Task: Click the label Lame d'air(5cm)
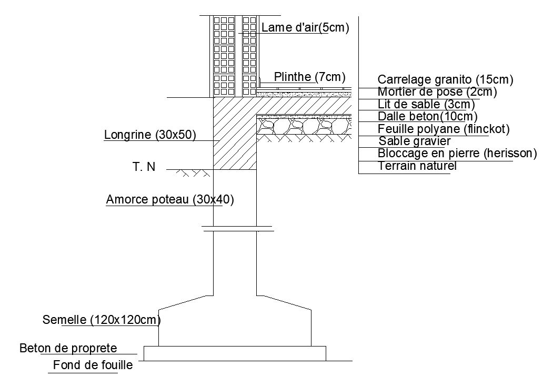click(305, 27)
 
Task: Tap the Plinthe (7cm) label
click(310, 77)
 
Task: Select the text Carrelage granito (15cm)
click(446, 79)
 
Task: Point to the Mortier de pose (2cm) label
click(437, 91)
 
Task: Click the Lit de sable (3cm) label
click(426, 104)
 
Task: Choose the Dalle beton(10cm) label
click(427, 116)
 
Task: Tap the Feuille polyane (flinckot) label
click(444, 129)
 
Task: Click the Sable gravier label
click(415, 141)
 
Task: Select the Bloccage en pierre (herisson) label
click(457, 154)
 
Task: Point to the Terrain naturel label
click(417, 166)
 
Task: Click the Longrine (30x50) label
click(150, 135)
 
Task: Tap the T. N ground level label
click(144, 167)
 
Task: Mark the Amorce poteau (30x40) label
click(170, 199)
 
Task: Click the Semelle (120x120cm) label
click(102, 320)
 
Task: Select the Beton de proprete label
click(68, 348)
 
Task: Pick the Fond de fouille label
click(93, 365)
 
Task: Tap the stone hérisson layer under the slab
click(304, 126)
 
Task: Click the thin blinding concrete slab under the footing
click(235, 353)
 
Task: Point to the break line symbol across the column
click(238, 229)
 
